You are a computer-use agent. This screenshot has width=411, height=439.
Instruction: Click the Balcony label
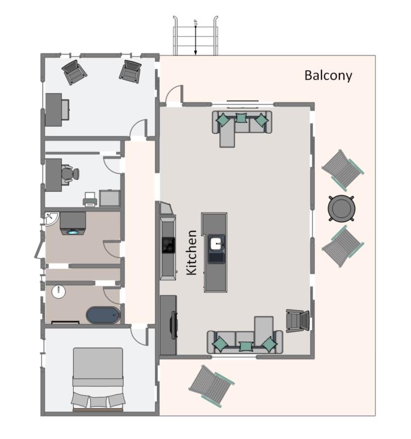[x=328, y=76]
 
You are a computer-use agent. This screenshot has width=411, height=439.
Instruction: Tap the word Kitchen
[x=191, y=252]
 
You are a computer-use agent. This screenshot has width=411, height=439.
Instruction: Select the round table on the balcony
[x=341, y=209]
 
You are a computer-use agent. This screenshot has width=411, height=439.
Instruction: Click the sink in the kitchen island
[x=216, y=242]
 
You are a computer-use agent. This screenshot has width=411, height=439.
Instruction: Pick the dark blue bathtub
[x=103, y=316]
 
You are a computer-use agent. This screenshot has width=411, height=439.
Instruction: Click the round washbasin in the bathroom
[x=58, y=291]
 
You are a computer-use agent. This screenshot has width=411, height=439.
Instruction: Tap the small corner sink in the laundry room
[x=50, y=218]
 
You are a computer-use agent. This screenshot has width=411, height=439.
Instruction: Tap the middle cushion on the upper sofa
[x=241, y=118]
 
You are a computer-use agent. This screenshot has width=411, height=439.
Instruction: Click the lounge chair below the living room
[x=211, y=386]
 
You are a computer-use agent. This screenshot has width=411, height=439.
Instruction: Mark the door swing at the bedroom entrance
[x=140, y=336]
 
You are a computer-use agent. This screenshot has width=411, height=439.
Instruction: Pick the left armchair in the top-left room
[x=74, y=72]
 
